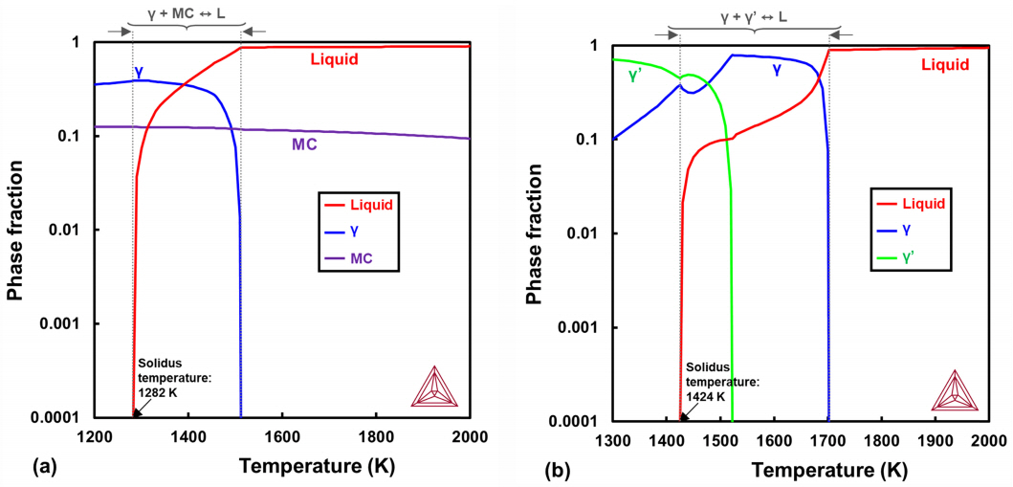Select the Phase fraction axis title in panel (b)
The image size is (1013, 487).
coord(538,232)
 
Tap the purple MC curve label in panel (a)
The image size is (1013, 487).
coord(305,145)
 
